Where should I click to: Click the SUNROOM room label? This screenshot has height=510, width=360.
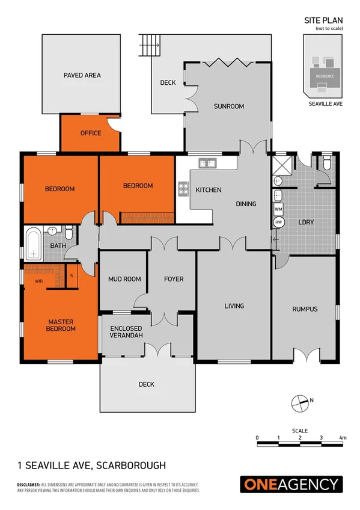click(229, 106)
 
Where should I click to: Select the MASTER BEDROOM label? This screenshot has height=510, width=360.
click(61, 325)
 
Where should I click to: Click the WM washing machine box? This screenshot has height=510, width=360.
click(278, 209)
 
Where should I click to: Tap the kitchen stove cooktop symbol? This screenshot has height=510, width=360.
click(183, 189)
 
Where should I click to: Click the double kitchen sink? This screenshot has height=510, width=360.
click(208, 162)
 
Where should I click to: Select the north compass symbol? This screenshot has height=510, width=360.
click(299, 402)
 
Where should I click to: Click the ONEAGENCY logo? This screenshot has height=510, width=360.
click(291, 485)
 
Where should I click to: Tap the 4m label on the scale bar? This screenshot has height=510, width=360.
click(343, 437)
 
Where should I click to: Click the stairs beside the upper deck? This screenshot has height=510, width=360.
click(151, 43)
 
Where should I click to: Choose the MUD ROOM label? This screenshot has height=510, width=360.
click(124, 279)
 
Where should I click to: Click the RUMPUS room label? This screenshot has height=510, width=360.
click(304, 309)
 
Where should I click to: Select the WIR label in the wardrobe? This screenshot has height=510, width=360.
click(38, 281)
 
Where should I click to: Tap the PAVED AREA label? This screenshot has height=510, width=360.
click(82, 76)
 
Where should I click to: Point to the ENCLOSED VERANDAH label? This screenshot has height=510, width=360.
click(126, 331)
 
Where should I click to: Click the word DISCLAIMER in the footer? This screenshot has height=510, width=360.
click(28, 484)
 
